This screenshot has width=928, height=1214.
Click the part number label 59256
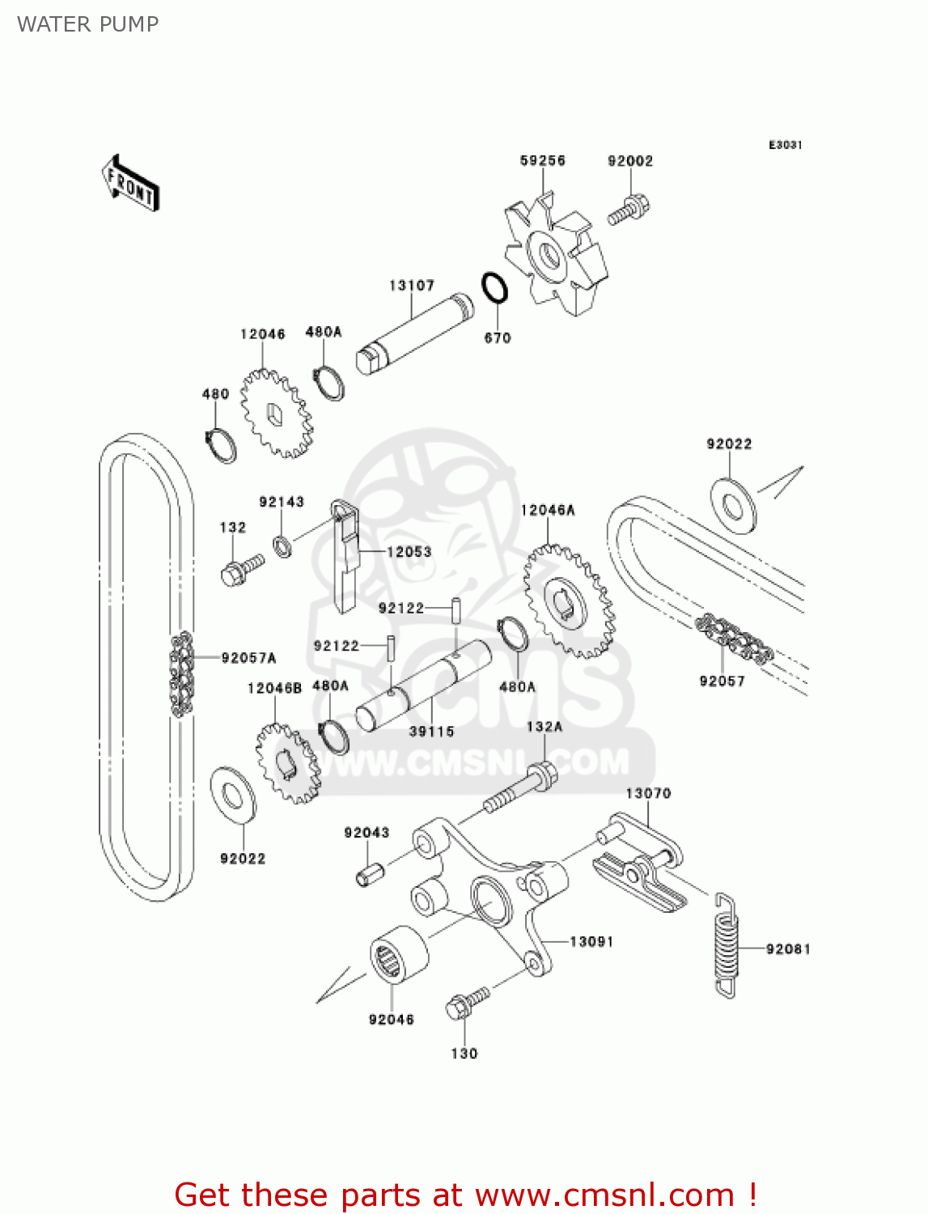542,160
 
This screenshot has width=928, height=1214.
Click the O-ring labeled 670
494,289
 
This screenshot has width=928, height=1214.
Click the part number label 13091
591,941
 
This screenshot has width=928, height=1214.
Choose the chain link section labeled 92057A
181,673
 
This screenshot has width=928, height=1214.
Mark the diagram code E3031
785,145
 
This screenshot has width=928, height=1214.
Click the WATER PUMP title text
87,24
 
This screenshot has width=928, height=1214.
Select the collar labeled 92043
369,875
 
